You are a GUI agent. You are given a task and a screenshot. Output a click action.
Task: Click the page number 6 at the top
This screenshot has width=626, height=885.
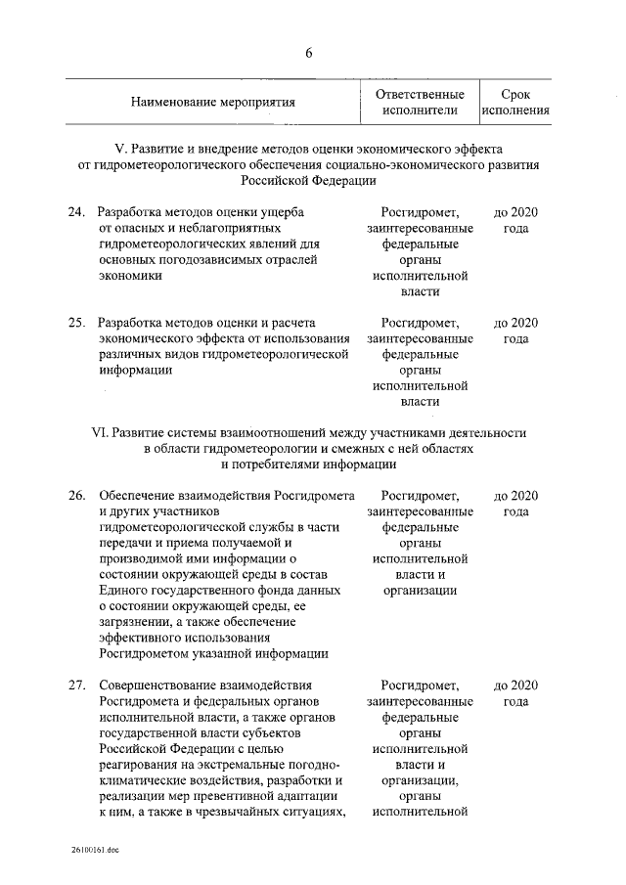[x=308, y=52]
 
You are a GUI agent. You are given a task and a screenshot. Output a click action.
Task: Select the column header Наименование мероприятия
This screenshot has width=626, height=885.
[x=212, y=102]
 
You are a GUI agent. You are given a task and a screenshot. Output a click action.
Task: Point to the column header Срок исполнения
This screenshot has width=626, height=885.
[x=514, y=102]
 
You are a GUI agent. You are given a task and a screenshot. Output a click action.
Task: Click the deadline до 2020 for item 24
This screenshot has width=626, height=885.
[x=515, y=212]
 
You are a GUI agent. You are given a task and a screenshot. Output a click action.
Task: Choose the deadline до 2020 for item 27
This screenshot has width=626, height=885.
[x=515, y=684]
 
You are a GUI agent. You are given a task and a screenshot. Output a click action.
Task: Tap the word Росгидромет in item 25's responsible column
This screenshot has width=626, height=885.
[x=420, y=322]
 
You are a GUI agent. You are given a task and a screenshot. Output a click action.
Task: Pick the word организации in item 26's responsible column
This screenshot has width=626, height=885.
[x=420, y=591]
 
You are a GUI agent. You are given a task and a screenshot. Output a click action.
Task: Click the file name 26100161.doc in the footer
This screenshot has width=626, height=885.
[x=94, y=851]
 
